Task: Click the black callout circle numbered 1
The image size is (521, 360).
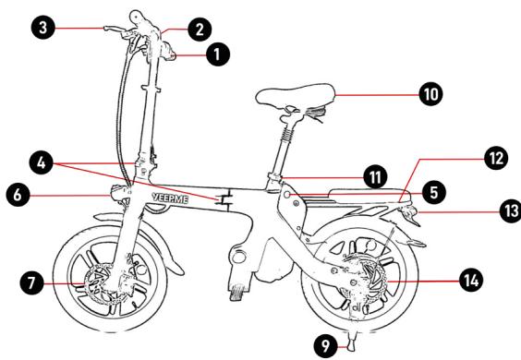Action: click(x=218, y=54)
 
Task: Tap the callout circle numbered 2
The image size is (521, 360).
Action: click(x=200, y=30)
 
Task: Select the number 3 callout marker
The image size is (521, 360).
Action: click(x=42, y=27)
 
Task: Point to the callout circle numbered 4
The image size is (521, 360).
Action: click(x=42, y=162)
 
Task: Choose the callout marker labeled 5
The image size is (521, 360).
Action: click(x=434, y=193)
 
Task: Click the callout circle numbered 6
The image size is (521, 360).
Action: click(x=18, y=195)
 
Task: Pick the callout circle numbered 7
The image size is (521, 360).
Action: click(x=31, y=282)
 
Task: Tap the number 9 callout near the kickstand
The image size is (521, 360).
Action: click(x=325, y=346)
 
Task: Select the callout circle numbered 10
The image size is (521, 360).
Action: click(x=431, y=94)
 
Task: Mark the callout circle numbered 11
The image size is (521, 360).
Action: click(x=375, y=177)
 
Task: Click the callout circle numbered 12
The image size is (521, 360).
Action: click(x=496, y=158)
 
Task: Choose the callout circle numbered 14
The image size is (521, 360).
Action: click(x=471, y=281)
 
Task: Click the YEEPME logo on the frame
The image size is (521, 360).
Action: click(x=171, y=198)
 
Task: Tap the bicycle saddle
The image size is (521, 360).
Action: click(x=295, y=93)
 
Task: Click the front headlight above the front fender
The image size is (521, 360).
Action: click(x=119, y=193)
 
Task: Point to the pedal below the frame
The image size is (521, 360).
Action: click(x=238, y=293)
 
